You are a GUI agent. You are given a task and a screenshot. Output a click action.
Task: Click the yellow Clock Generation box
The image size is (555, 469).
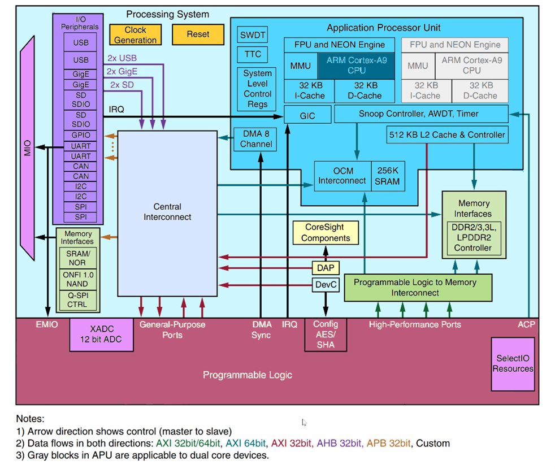point(135,35)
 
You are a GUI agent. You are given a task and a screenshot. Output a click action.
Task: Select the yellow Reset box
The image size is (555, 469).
point(198,34)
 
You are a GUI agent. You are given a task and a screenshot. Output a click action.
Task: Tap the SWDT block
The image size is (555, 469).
point(253,35)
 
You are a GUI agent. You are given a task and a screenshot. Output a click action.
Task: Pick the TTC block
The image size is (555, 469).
point(253,54)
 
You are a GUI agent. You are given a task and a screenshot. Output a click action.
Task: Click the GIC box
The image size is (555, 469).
point(307,116)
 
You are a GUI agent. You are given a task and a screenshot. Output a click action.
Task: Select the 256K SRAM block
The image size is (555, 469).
point(387,176)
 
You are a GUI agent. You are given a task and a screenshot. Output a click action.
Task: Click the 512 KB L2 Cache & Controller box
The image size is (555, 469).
point(446,135)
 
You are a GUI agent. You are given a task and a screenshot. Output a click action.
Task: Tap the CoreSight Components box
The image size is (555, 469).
point(326,233)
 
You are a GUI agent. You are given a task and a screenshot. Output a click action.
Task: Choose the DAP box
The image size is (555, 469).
point(325,267)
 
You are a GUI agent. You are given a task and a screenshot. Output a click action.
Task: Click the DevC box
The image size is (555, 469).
point(325,285)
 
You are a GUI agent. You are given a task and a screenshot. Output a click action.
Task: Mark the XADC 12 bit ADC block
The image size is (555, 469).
point(102,334)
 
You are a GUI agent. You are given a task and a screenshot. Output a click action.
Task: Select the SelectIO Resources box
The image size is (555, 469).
point(513,364)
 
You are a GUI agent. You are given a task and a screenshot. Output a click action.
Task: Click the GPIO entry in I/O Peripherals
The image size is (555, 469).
point(81,136)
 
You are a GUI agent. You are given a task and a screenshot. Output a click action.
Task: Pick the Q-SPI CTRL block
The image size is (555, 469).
point(77,300)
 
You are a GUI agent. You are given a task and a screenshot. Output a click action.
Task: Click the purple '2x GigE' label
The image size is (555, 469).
point(122,72)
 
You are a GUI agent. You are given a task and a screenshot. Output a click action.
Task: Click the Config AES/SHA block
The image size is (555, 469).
point(326,334)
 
